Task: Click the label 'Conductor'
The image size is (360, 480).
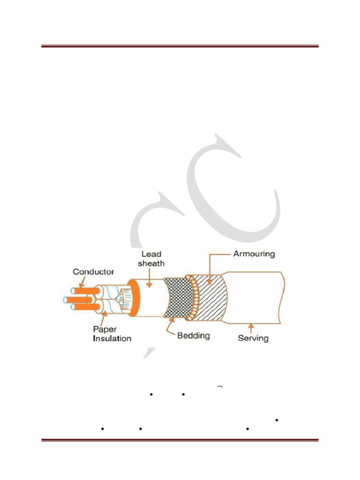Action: tap(93, 272)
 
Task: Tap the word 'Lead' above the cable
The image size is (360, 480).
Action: tap(151, 254)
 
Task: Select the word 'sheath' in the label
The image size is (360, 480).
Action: tap(151, 263)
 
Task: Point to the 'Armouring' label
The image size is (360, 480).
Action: tap(254, 254)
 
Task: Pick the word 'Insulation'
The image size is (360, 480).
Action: tap(112, 338)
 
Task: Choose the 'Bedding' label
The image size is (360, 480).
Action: tap(194, 336)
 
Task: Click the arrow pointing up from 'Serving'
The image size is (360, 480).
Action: tap(251, 327)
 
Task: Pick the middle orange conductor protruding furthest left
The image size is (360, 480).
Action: tap(77, 299)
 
